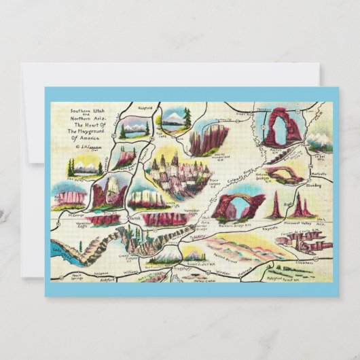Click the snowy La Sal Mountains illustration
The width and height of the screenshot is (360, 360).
(x=319, y=141)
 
